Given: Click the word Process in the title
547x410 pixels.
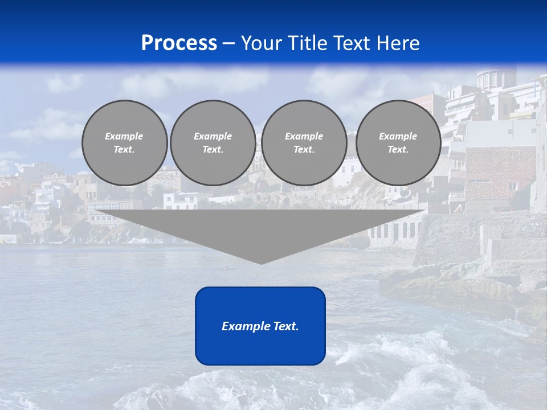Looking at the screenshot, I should click(x=179, y=43).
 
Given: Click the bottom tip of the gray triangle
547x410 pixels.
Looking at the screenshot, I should click(x=261, y=263).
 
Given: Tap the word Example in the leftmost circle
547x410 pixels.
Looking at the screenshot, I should click(x=124, y=136).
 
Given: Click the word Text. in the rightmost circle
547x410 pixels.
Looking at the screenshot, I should click(x=398, y=149).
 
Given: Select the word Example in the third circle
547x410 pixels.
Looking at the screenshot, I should click(x=304, y=136).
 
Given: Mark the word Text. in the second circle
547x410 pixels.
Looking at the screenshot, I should click(x=213, y=149).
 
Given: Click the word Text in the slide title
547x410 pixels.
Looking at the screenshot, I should click(x=354, y=43).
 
